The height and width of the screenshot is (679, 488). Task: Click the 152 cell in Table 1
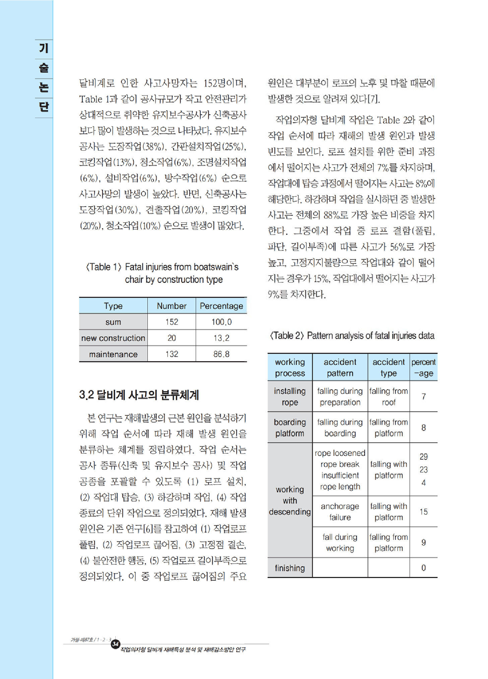pyautogui.click(x=172, y=322)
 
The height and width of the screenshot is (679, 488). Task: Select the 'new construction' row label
pyautogui.click(x=113, y=338)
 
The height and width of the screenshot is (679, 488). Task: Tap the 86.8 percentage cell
pyautogui.click(x=221, y=354)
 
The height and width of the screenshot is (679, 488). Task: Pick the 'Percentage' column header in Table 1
pyautogui.click(x=221, y=306)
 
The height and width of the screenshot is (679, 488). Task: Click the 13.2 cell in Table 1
pyautogui.click(x=221, y=338)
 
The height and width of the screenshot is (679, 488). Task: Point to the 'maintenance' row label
pyautogui.click(x=113, y=354)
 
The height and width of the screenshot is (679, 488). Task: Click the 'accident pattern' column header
pyautogui.click(x=340, y=367)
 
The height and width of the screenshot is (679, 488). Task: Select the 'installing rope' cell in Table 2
pyautogui.click(x=290, y=397)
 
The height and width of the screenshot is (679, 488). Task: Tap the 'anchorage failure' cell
pyautogui.click(x=340, y=512)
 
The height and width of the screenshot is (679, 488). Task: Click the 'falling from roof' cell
pyautogui.click(x=388, y=397)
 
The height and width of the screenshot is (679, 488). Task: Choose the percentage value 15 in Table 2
pyautogui.click(x=423, y=512)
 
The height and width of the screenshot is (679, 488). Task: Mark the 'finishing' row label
pyautogui.click(x=290, y=568)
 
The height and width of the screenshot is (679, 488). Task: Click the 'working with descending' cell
pyautogui.click(x=290, y=501)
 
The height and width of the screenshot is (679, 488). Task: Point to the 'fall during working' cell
pyautogui.click(x=340, y=543)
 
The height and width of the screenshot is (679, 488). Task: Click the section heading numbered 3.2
pyautogui.click(x=139, y=395)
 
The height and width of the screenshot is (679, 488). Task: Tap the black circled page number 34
pyautogui.click(x=115, y=643)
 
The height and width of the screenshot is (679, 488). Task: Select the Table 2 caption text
pyautogui.click(x=352, y=336)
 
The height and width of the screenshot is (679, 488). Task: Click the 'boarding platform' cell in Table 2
pyautogui.click(x=290, y=428)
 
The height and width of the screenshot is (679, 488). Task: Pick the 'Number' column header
pyautogui.click(x=172, y=306)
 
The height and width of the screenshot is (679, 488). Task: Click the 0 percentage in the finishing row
pyautogui.click(x=423, y=568)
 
